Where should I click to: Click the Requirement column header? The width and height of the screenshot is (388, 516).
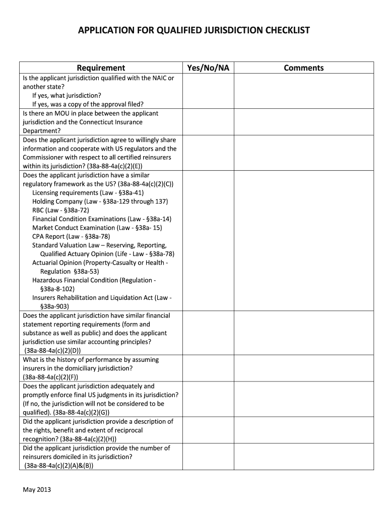101,68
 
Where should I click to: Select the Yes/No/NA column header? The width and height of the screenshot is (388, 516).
208,68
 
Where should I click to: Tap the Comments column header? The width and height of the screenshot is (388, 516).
303,68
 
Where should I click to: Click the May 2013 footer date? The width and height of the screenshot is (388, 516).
37,489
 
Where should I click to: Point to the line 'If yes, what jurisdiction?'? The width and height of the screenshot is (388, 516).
67,96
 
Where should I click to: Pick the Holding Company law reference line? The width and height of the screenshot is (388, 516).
100,202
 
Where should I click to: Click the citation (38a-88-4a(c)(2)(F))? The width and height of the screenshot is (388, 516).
50,377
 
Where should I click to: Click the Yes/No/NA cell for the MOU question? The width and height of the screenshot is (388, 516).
208,122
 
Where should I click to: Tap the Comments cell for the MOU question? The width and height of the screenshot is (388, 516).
303,122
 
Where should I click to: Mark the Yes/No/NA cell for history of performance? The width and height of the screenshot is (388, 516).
208,368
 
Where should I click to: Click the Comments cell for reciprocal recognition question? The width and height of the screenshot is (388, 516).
303,430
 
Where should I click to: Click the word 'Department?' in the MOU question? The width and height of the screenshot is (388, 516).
42,131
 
